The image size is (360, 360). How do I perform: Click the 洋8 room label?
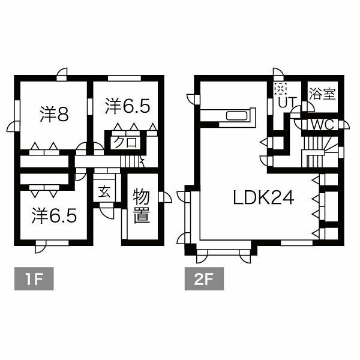point(54,113)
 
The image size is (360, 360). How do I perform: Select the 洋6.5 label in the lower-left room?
point(54,214)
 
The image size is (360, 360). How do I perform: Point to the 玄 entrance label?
point(104,192)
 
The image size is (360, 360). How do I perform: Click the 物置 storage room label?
point(141,206)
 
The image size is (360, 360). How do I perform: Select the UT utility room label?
point(287,103)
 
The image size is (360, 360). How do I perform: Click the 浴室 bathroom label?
point(322,94)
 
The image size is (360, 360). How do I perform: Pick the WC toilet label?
point(322,125)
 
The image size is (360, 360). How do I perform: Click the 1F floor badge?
point(34,280)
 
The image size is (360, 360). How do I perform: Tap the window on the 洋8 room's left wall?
point(16,112)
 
